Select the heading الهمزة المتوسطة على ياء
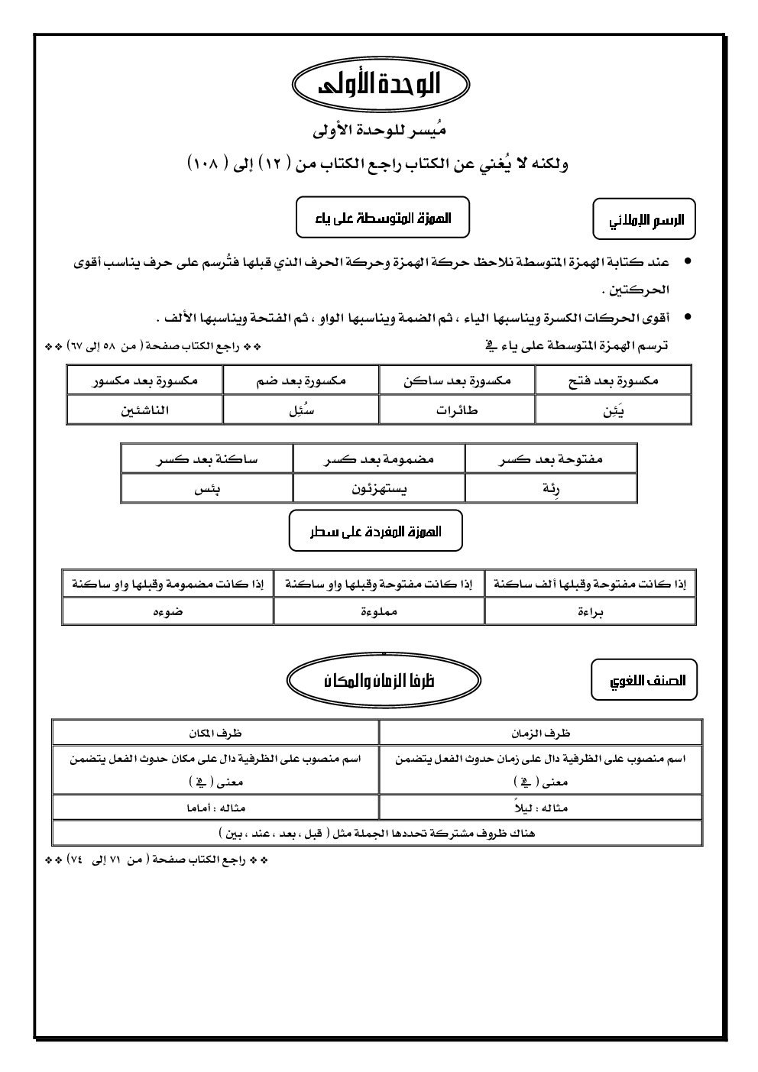point(383,217)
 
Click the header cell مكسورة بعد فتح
point(614,380)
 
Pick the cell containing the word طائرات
point(457,410)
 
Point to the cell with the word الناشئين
point(145,410)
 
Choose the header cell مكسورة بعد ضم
point(301,380)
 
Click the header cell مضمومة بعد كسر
point(379,459)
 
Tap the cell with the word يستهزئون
point(379,489)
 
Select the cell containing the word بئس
point(207,489)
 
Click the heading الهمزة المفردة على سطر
point(376,531)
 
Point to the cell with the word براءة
point(591,612)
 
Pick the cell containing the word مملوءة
point(379,612)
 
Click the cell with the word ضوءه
point(168,612)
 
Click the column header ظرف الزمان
point(541,733)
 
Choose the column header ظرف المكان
point(215,733)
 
